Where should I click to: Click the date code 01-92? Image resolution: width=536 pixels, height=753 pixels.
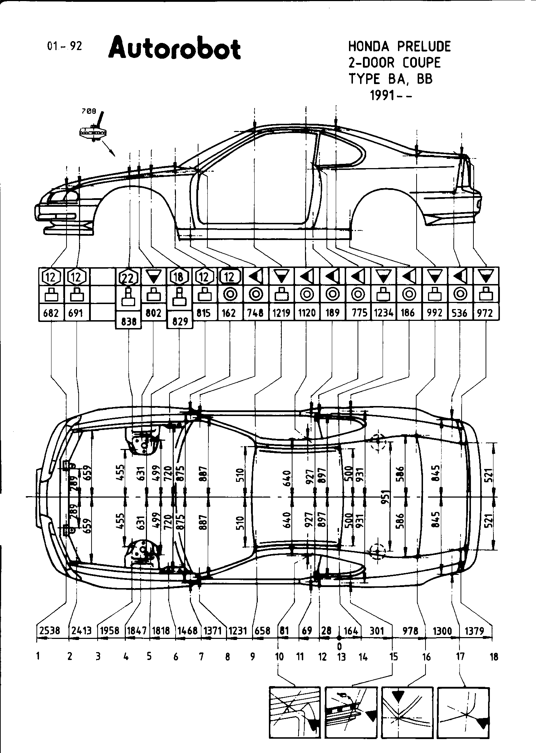tap(64, 46)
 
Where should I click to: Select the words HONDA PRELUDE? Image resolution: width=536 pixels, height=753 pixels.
tap(399, 47)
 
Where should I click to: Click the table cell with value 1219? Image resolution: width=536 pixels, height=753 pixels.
tap(281, 313)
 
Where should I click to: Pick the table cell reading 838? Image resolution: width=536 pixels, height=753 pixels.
tap(129, 322)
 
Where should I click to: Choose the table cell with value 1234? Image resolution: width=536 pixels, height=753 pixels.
tap(383, 313)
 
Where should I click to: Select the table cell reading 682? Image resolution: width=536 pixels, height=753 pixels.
tap(51, 313)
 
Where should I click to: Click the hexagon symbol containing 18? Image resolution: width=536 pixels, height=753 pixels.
tap(180, 277)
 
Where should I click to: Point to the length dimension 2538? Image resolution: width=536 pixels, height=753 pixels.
tap(49, 631)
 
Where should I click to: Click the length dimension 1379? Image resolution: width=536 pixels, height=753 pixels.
tap(474, 631)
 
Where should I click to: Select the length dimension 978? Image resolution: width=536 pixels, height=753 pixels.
tap(410, 631)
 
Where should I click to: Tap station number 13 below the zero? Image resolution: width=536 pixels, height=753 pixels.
tap(341, 657)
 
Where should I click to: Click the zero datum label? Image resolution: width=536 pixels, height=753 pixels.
tap(339, 646)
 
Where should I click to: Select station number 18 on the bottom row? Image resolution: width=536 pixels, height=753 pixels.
tap(493, 657)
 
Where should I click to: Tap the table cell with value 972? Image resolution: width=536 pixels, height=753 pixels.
tap(486, 313)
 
